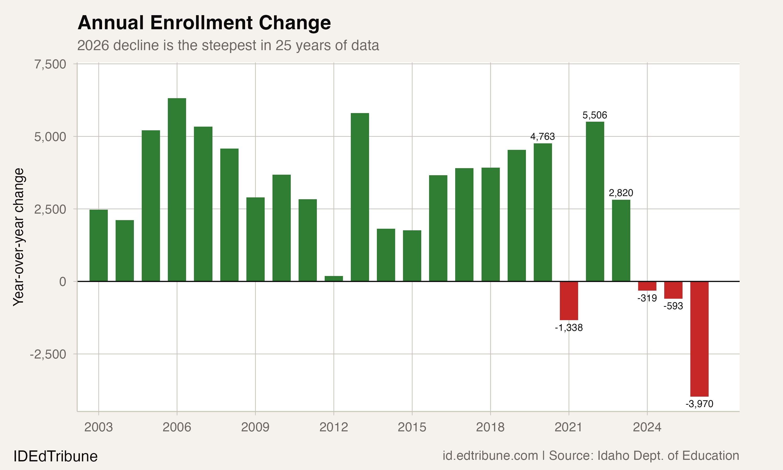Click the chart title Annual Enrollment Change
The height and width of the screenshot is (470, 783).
[x=204, y=23]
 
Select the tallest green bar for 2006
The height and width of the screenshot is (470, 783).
[x=177, y=190]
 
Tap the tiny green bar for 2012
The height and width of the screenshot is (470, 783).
[x=334, y=278]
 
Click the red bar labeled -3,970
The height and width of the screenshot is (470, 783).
[x=699, y=339]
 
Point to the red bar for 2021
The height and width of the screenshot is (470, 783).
[x=569, y=301]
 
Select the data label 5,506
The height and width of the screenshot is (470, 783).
[x=595, y=115]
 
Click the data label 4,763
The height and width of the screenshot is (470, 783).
[x=542, y=137]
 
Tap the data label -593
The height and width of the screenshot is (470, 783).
[x=673, y=306]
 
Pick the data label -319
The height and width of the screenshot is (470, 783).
[x=647, y=298]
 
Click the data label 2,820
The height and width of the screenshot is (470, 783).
[x=621, y=193]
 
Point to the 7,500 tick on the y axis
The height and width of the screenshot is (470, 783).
[x=50, y=64]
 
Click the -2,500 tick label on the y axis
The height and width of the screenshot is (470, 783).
[x=48, y=354]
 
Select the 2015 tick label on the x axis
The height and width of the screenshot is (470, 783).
[x=412, y=427]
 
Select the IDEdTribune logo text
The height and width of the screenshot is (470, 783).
[x=55, y=456]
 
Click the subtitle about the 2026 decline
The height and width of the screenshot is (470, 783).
[x=228, y=45]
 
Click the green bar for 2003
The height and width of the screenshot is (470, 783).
[x=98, y=245]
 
